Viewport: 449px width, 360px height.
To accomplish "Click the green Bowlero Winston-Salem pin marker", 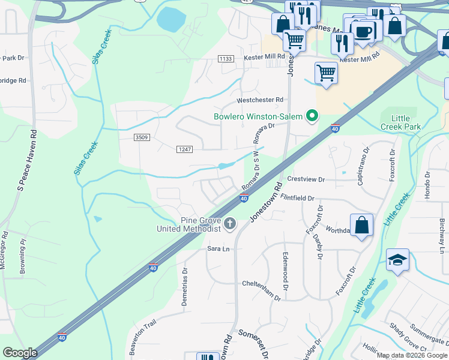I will click(312, 116).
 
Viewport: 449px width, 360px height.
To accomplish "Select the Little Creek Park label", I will click(401, 122).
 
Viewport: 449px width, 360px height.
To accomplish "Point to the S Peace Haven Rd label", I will click(28, 161).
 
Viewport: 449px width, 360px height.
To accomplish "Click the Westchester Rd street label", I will click(260, 100).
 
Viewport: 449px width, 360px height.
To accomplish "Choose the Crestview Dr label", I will click(306, 179).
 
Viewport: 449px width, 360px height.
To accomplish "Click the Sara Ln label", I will click(218, 248).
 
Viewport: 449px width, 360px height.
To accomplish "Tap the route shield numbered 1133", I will click(226, 58).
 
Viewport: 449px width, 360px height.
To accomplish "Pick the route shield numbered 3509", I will click(142, 137).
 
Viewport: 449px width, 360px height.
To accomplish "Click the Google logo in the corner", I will click(20, 353).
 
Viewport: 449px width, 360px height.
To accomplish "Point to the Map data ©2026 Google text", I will click(412, 355).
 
